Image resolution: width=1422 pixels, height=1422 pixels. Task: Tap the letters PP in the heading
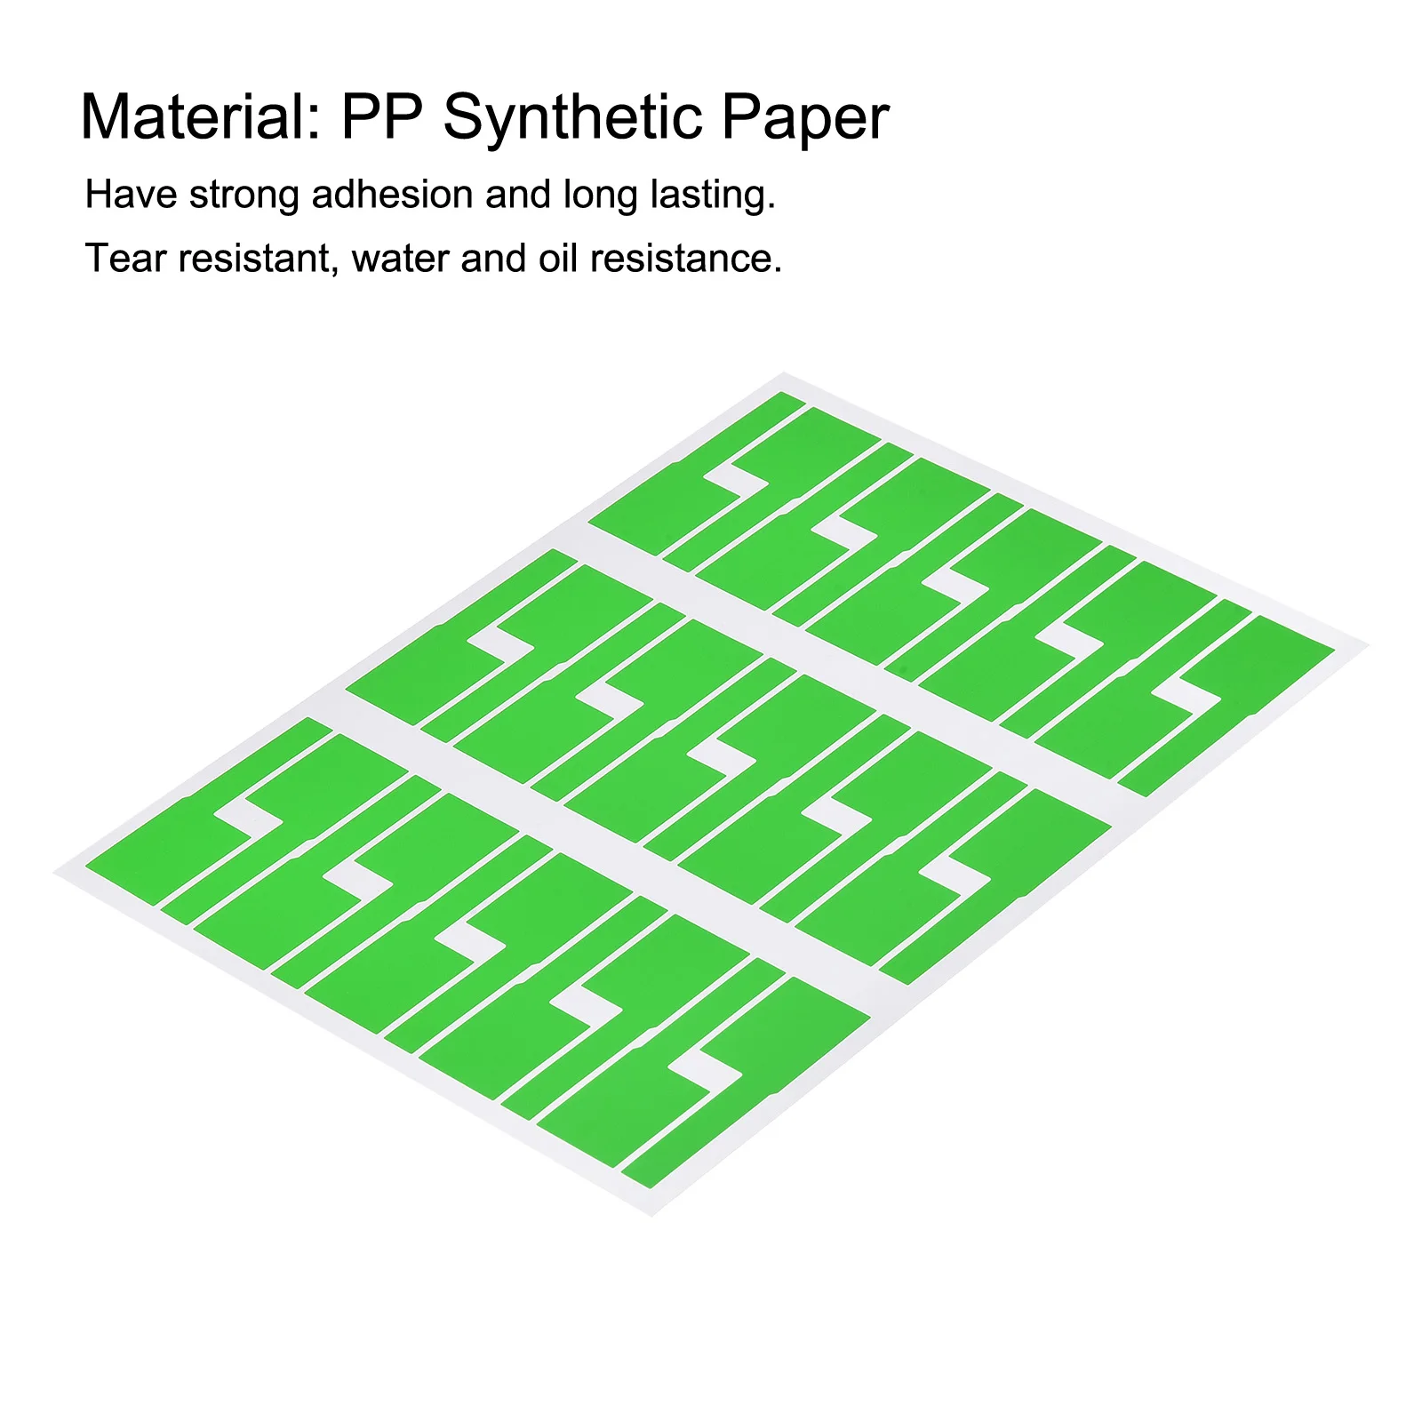point(382,117)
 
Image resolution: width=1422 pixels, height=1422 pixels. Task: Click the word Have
point(131,195)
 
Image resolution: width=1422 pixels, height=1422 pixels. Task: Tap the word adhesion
point(391,195)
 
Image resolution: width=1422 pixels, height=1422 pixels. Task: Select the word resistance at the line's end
point(685,259)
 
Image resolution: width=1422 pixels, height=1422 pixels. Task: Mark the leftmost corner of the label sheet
point(56,874)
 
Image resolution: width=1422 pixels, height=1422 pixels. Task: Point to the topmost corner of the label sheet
point(784,373)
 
